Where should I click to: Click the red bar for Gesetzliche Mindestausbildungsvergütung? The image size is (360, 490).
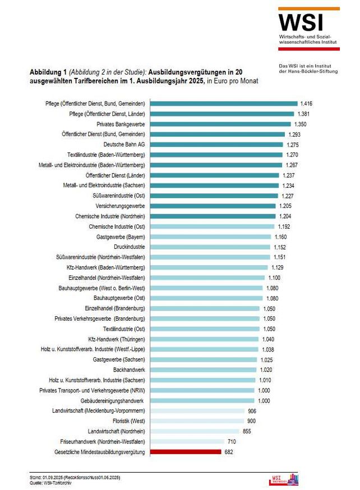tap(186, 452)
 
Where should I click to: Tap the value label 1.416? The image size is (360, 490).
tap(306, 104)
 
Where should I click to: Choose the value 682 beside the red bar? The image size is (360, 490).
tap(228, 452)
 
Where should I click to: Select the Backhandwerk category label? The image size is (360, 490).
tap(129, 370)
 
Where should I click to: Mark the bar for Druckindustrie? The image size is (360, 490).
tap(211, 247)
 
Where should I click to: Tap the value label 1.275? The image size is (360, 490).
tap(293, 145)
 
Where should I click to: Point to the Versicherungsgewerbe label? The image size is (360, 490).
tap(118, 206)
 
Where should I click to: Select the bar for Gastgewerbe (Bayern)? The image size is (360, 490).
tap(211, 237)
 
